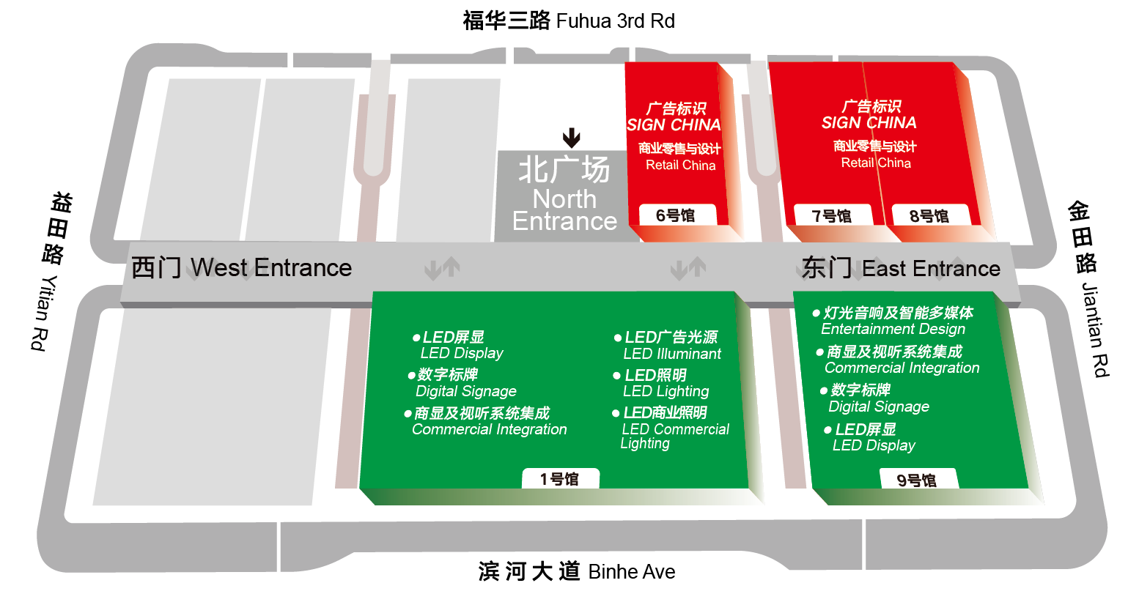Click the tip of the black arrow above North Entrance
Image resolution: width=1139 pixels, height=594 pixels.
click(571, 148)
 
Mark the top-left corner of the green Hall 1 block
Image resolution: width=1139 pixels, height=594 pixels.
click(373, 292)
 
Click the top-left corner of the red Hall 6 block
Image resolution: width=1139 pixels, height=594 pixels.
click(625, 62)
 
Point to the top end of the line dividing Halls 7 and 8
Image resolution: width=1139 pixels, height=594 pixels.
click(863, 62)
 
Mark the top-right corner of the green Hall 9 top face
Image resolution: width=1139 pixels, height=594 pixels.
click(994, 292)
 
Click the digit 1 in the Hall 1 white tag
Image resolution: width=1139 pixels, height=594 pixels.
click(544, 479)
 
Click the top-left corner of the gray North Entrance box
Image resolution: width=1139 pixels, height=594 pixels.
click(498, 151)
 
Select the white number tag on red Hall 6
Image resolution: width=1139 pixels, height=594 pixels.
click(677, 215)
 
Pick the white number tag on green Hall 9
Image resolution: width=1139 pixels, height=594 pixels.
click(918, 479)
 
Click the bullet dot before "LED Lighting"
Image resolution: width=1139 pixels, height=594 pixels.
click(617, 376)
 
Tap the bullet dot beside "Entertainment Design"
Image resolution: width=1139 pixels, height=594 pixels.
click(816, 313)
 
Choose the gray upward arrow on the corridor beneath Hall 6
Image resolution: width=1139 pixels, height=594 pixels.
click(697, 267)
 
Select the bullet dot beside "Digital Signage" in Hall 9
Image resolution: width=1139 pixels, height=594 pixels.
click(824, 390)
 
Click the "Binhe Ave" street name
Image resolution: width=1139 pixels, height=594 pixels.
click(632, 572)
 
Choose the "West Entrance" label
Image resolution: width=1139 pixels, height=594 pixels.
click(271, 268)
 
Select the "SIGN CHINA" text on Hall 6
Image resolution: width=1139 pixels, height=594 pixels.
click(674, 125)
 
